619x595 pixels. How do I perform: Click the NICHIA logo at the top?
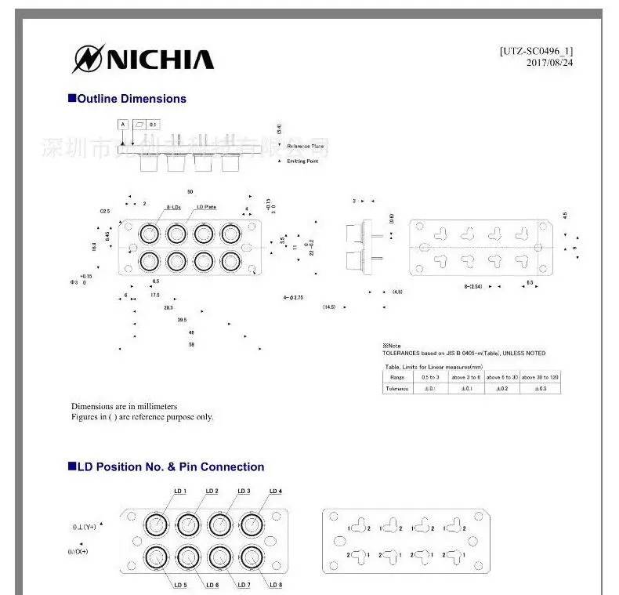[x=143, y=59]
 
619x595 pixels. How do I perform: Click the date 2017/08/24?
[x=550, y=63]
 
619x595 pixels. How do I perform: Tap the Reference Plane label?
[x=305, y=147]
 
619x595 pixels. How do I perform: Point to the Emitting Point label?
[x=302, y=161]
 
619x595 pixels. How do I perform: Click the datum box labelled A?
[x=123, y=125]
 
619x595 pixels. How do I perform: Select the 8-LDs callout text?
[x=173, y=207]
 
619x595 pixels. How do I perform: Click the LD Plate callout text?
[x=206, y=207]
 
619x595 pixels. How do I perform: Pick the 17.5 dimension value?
[x=155, y=296]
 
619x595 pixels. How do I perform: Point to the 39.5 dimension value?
[x=182, y=320]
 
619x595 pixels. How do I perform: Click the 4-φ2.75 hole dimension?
[x=294, y=298]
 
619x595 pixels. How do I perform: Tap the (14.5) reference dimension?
[x=329, y=307]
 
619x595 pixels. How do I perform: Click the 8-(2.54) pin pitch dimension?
[x=476, y=286]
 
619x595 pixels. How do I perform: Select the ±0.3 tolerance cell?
[x=540, y=389]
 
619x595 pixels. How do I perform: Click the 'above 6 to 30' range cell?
[x=501, y=377]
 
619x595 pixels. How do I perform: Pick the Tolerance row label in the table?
[x=397, y=389]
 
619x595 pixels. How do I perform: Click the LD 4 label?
[x=275, y=492]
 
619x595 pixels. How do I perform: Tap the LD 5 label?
[x=179, y=585]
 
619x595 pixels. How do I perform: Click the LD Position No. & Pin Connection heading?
[x=166, y=466]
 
